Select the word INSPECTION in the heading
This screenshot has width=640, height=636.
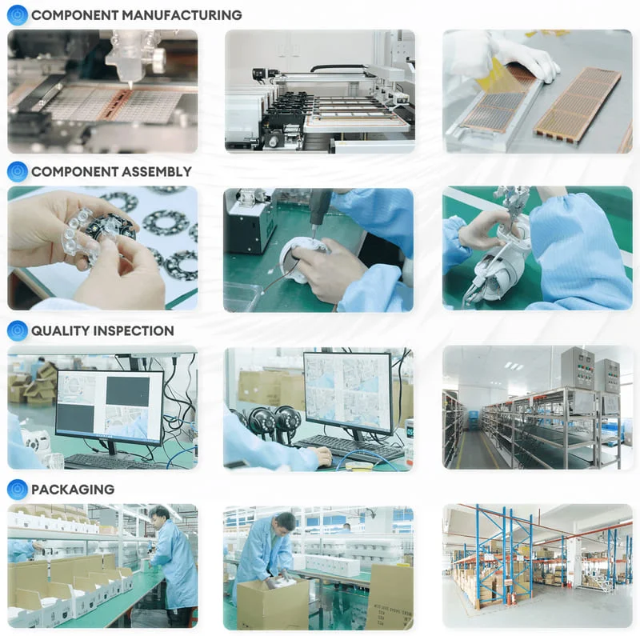pyautogui.click(x=134, y=330)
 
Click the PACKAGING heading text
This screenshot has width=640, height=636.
pyautogui.click(x=73, y=489)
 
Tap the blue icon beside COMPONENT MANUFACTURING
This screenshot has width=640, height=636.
pyautogui.click(x=17, y=14)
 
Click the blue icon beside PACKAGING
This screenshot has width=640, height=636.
pyautogui.click(x=17, y=489)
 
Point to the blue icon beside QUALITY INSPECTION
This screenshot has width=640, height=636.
pyautogui.click(x=17, y=330)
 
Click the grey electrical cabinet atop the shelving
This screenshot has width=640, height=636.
pyautogui.click(x=577, y=367)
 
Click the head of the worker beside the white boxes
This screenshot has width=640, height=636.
pyautogui.click(x=161, y=514)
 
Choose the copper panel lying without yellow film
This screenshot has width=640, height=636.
pyautogui.click(x=576, y=104)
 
